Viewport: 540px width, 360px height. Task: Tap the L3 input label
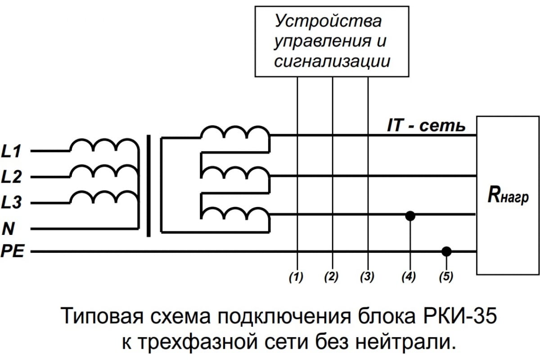pos(12,203)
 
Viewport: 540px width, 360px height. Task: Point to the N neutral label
pos(8,229)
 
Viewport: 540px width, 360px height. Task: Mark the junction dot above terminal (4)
pos(410,216)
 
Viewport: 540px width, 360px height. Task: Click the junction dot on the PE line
pos(446,251)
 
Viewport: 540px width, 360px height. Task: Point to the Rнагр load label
pos(508,197)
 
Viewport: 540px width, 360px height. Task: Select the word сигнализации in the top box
pos(332,61)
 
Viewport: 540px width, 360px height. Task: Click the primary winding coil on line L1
pos(103,146)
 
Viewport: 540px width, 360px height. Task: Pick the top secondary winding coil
pos(234,133)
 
